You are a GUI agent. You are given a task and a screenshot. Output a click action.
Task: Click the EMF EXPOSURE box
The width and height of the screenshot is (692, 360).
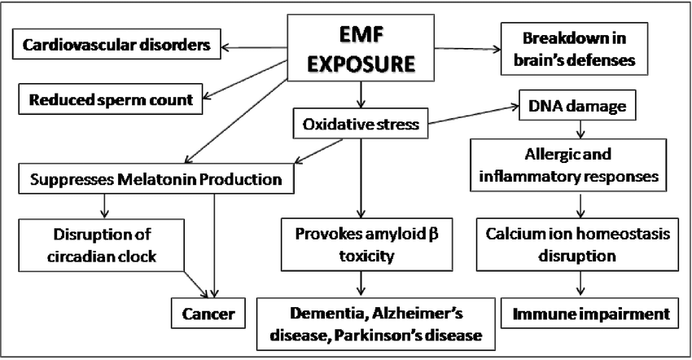361,48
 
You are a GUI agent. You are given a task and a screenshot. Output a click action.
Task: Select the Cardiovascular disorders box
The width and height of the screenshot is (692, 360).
116,44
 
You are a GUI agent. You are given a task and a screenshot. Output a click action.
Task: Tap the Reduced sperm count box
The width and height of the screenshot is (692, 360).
111,99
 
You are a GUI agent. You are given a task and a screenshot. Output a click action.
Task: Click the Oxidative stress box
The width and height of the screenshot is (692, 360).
361,124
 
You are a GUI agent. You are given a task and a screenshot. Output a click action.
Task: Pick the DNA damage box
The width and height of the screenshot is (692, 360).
577,106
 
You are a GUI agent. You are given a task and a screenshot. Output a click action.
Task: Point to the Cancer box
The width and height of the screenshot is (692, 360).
208,314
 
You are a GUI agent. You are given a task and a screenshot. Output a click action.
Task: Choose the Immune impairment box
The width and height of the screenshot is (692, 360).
589,314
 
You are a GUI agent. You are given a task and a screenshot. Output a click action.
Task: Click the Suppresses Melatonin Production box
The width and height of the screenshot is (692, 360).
156,179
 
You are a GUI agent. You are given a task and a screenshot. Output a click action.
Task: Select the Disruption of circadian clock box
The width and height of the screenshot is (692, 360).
102,245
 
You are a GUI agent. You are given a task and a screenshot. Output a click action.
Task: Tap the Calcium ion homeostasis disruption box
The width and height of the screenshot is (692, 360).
577,244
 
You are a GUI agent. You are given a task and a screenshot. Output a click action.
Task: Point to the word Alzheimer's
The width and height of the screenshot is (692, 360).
418,314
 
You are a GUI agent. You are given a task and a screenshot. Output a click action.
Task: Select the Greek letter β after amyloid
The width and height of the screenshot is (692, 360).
433,234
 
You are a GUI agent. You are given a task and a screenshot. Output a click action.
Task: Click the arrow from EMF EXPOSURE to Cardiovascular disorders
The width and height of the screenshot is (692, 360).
254,47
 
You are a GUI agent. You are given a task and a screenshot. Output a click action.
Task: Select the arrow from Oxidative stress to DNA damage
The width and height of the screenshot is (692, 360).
474,115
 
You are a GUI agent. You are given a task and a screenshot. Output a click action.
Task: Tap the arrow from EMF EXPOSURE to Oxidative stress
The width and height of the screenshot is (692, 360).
361,95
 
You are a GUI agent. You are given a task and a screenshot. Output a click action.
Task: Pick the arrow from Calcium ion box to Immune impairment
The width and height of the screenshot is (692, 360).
580,283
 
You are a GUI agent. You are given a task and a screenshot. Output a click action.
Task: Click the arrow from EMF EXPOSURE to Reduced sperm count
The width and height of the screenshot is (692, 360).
245,81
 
